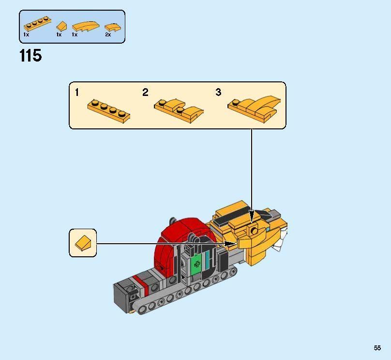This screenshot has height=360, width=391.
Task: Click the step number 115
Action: pyautogui.click(x=30, y=56)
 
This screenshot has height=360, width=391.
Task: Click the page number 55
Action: pyautogui.click(x=377, y=348)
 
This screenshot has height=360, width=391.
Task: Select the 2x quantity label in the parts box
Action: pyautogui.click(x=108, y=35)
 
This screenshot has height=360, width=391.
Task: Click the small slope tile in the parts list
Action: pyautogui.click(x=61, y=25)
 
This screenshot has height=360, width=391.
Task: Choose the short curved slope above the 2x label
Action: pyautogui.click(x=111, y=26)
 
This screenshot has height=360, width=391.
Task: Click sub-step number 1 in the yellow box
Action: pyautogui.click(x=77, y=92)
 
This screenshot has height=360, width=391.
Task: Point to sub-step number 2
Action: pyautogui.click(x=145, y=92)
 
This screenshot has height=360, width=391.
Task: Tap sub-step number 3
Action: pyautogui.click(x=218, y=92)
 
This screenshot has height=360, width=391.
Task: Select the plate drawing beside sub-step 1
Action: pyautogui.click(x=109, y=110)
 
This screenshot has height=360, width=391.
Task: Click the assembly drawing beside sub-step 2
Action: pyautogui.click(x=178, y=109)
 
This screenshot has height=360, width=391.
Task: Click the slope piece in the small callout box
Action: pyautogui.click(x=83, y=243)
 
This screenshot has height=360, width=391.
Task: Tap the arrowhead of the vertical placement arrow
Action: pyautogui.click(x=251, y=213)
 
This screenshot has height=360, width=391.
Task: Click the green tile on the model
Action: pyautogui.click(x=197, y=264)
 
